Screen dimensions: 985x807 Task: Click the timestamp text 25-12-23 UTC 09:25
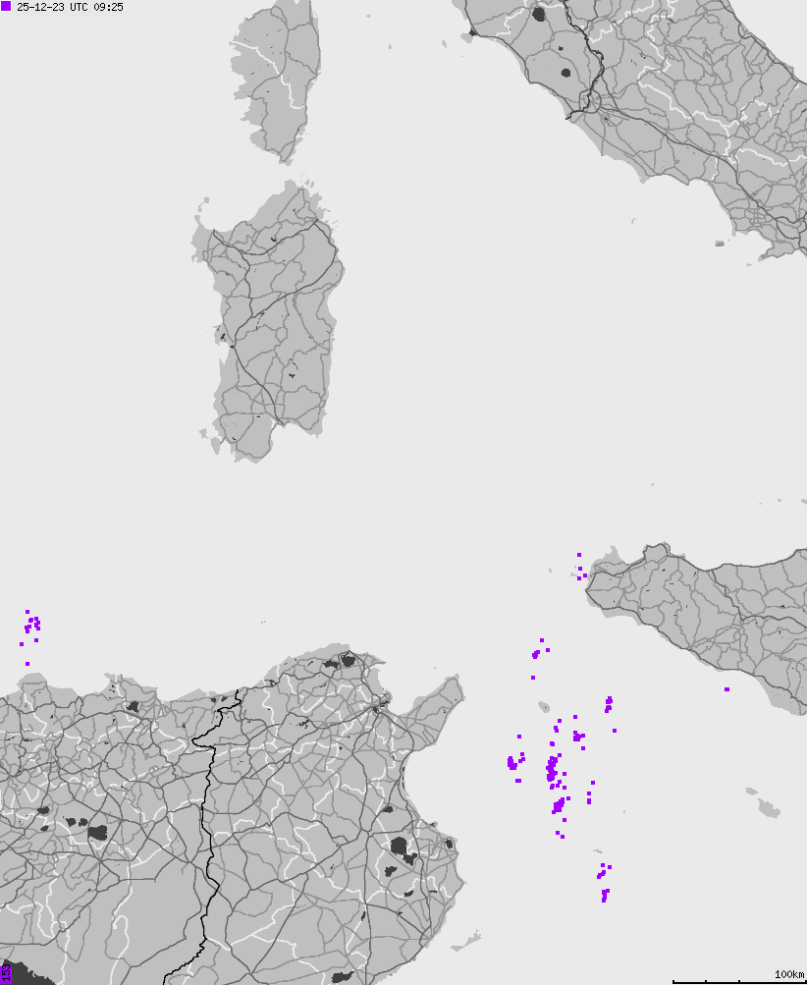click(x=70, y=7)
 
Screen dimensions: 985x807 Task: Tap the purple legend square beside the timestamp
click(x=6, y=6)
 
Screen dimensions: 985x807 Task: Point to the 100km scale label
click(x=788, y=973)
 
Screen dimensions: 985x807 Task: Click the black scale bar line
click(x=736, y=980)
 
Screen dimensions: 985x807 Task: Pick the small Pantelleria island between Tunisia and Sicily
click(x=544, y=706)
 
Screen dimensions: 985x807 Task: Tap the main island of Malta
click(x=768, y=808)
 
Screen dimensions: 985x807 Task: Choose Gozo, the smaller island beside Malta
click(x=752, y=792)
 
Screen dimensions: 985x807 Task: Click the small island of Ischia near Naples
click(x=719, y=243)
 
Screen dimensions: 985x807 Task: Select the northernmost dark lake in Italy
click(x=538, y=15)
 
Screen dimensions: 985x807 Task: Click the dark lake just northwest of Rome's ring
click(x=565, y=72)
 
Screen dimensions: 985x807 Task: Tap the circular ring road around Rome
click(x=589, y=100)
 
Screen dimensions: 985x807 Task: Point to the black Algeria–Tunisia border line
click(x=208, y=835)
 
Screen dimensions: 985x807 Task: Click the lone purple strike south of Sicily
click(x=726, y=688)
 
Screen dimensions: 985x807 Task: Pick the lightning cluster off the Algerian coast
click(x=31, y=626)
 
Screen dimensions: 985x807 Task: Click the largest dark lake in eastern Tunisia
click(x=401, y=847)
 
